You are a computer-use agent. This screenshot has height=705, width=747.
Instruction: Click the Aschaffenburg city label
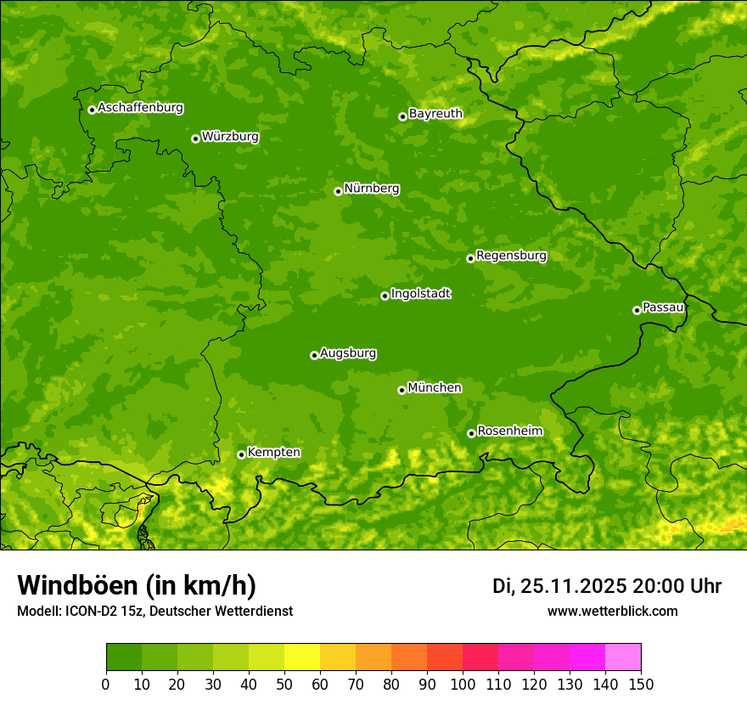click(140, 108)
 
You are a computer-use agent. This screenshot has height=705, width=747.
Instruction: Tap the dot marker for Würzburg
click(195, 138)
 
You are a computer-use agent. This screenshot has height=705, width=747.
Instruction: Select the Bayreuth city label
click(435, 113)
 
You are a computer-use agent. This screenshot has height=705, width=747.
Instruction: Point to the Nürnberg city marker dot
click(338, 191)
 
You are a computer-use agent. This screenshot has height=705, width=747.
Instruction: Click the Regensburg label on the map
click(511, 255)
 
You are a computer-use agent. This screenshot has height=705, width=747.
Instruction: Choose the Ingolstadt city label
click(420, 294)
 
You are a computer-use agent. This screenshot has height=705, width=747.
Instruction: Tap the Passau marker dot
click(637, 310)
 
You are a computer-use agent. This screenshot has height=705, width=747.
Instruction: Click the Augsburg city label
click(348, 352)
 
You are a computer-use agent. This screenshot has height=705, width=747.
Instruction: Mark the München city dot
click(402, 390)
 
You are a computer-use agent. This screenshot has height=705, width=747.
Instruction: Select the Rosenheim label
click(509, 431)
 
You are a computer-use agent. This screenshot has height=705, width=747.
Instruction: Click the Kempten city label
click(273, 452)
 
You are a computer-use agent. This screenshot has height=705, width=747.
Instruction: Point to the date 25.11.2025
click(574, 586)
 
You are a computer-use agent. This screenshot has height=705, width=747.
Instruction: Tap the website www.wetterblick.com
click(612, 611)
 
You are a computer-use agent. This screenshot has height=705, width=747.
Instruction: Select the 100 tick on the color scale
click(463, 684)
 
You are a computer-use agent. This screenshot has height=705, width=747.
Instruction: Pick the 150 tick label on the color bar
click(641, 684)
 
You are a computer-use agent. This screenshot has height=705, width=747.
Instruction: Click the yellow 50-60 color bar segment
click(302, 657)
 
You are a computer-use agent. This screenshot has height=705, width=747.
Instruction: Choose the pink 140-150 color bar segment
click(623, 657)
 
